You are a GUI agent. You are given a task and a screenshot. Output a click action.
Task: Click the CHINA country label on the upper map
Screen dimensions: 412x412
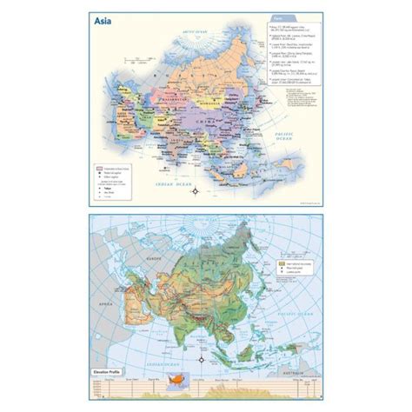[x=204, y=123]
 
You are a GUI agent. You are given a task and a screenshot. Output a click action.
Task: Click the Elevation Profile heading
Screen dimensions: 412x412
[x=105, y=373]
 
